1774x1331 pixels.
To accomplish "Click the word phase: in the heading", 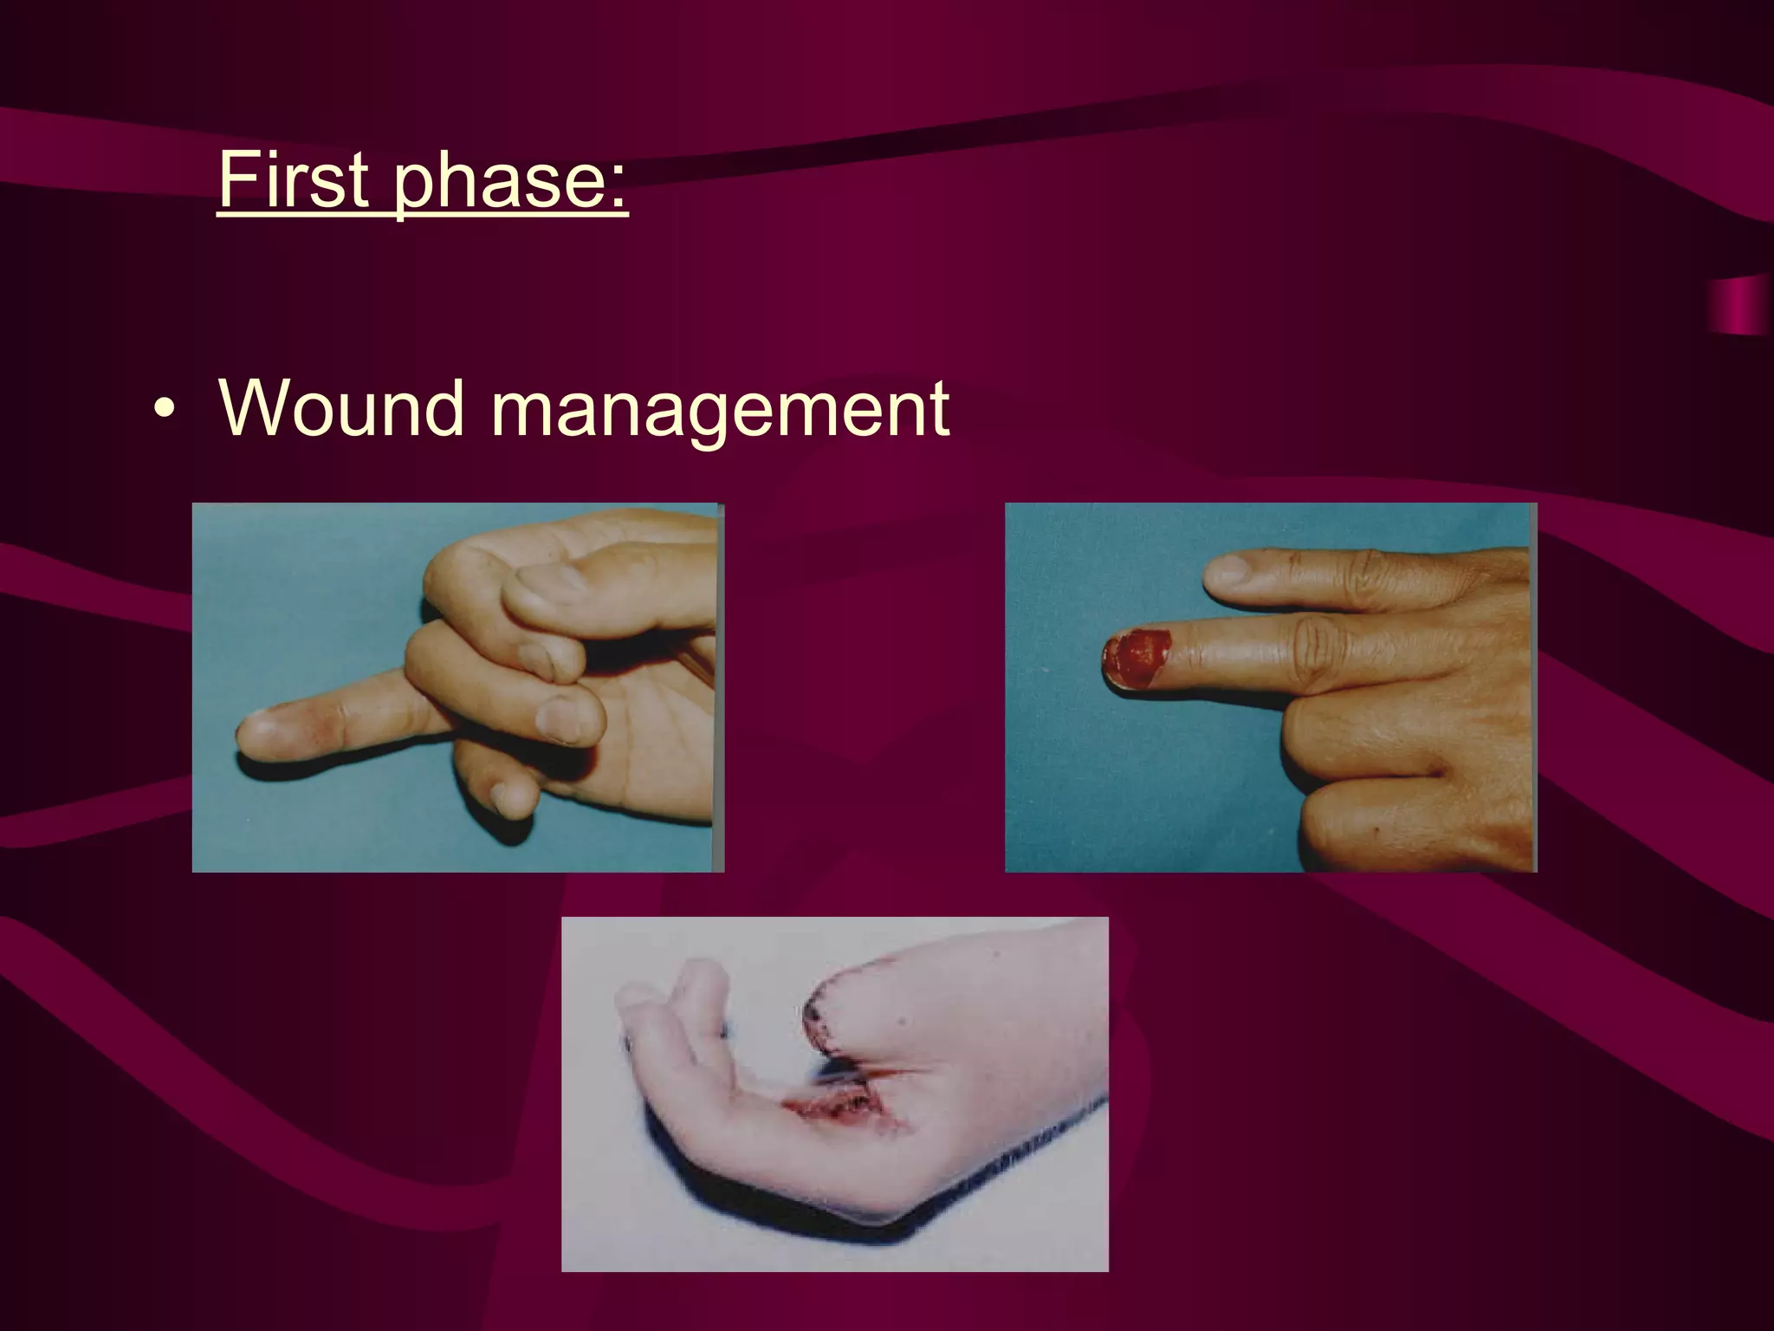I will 510,181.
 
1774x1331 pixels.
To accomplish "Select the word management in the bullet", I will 720,408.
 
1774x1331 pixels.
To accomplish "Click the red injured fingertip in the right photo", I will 1136,659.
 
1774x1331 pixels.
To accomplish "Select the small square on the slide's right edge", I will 1741,307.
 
